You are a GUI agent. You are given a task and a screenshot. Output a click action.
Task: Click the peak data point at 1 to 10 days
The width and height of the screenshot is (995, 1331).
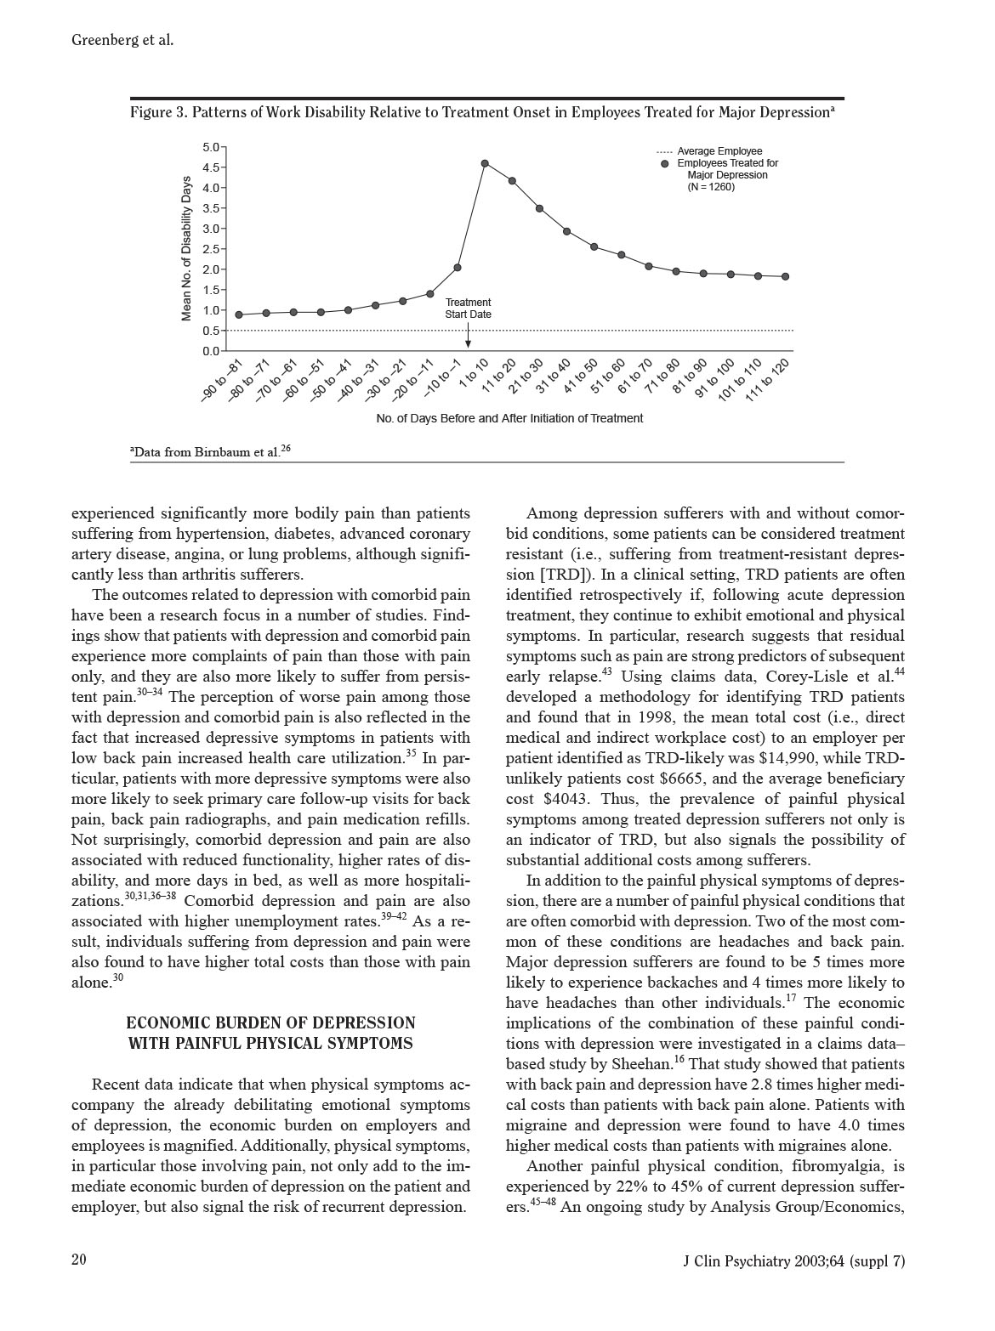click(485, 163)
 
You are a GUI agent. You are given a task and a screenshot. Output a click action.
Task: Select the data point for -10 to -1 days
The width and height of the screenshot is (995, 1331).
click(458, 268)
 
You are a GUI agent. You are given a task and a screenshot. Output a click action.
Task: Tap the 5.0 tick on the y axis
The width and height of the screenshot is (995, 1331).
click(211, 147)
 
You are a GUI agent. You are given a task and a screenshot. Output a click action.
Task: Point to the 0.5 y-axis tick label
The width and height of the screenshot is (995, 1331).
click(211, 331)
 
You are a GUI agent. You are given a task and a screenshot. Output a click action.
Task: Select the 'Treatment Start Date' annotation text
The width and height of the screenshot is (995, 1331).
click(468, 309)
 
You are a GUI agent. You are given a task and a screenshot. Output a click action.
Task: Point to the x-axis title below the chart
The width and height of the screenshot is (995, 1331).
click(509, 418)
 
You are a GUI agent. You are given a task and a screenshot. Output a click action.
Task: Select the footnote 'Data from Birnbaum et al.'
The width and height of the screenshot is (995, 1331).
click(208, 451)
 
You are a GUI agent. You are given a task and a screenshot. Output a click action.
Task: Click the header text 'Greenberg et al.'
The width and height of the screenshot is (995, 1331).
click(122, 39)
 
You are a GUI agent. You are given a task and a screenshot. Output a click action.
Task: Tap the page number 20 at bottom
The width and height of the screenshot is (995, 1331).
click(79, 1260)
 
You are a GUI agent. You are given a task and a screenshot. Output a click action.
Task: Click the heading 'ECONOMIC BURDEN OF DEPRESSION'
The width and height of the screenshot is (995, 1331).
click(270, 1023)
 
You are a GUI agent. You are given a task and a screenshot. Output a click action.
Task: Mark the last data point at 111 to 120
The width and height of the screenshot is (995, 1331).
click(785, 276)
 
